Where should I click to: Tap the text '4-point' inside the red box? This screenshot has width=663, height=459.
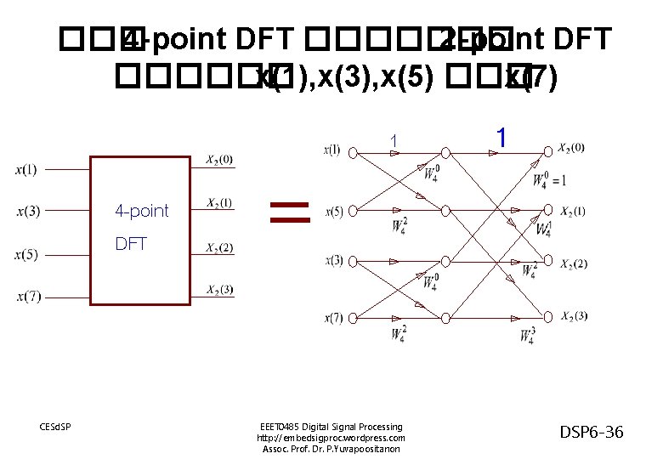coord(142,211)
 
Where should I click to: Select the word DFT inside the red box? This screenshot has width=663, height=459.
coord(131,244)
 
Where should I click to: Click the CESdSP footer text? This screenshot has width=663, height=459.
coord(54,426)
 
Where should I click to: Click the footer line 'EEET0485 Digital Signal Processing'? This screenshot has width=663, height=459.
coord(331,426)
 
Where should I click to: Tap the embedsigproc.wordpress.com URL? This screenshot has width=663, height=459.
coord(331,437)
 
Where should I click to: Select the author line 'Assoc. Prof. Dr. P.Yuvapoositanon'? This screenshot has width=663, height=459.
coord(331,448)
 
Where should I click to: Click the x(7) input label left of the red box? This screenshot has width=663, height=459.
coord(26,297)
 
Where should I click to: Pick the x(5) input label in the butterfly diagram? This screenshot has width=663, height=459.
coord(333,211)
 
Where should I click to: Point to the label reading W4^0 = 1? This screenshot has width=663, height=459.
coord(549,179)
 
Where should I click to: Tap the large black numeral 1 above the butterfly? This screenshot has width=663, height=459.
coord(502,137)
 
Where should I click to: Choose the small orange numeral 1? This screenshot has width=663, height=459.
coord(393,140)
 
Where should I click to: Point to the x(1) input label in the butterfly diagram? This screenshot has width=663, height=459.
coord(332,150)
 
